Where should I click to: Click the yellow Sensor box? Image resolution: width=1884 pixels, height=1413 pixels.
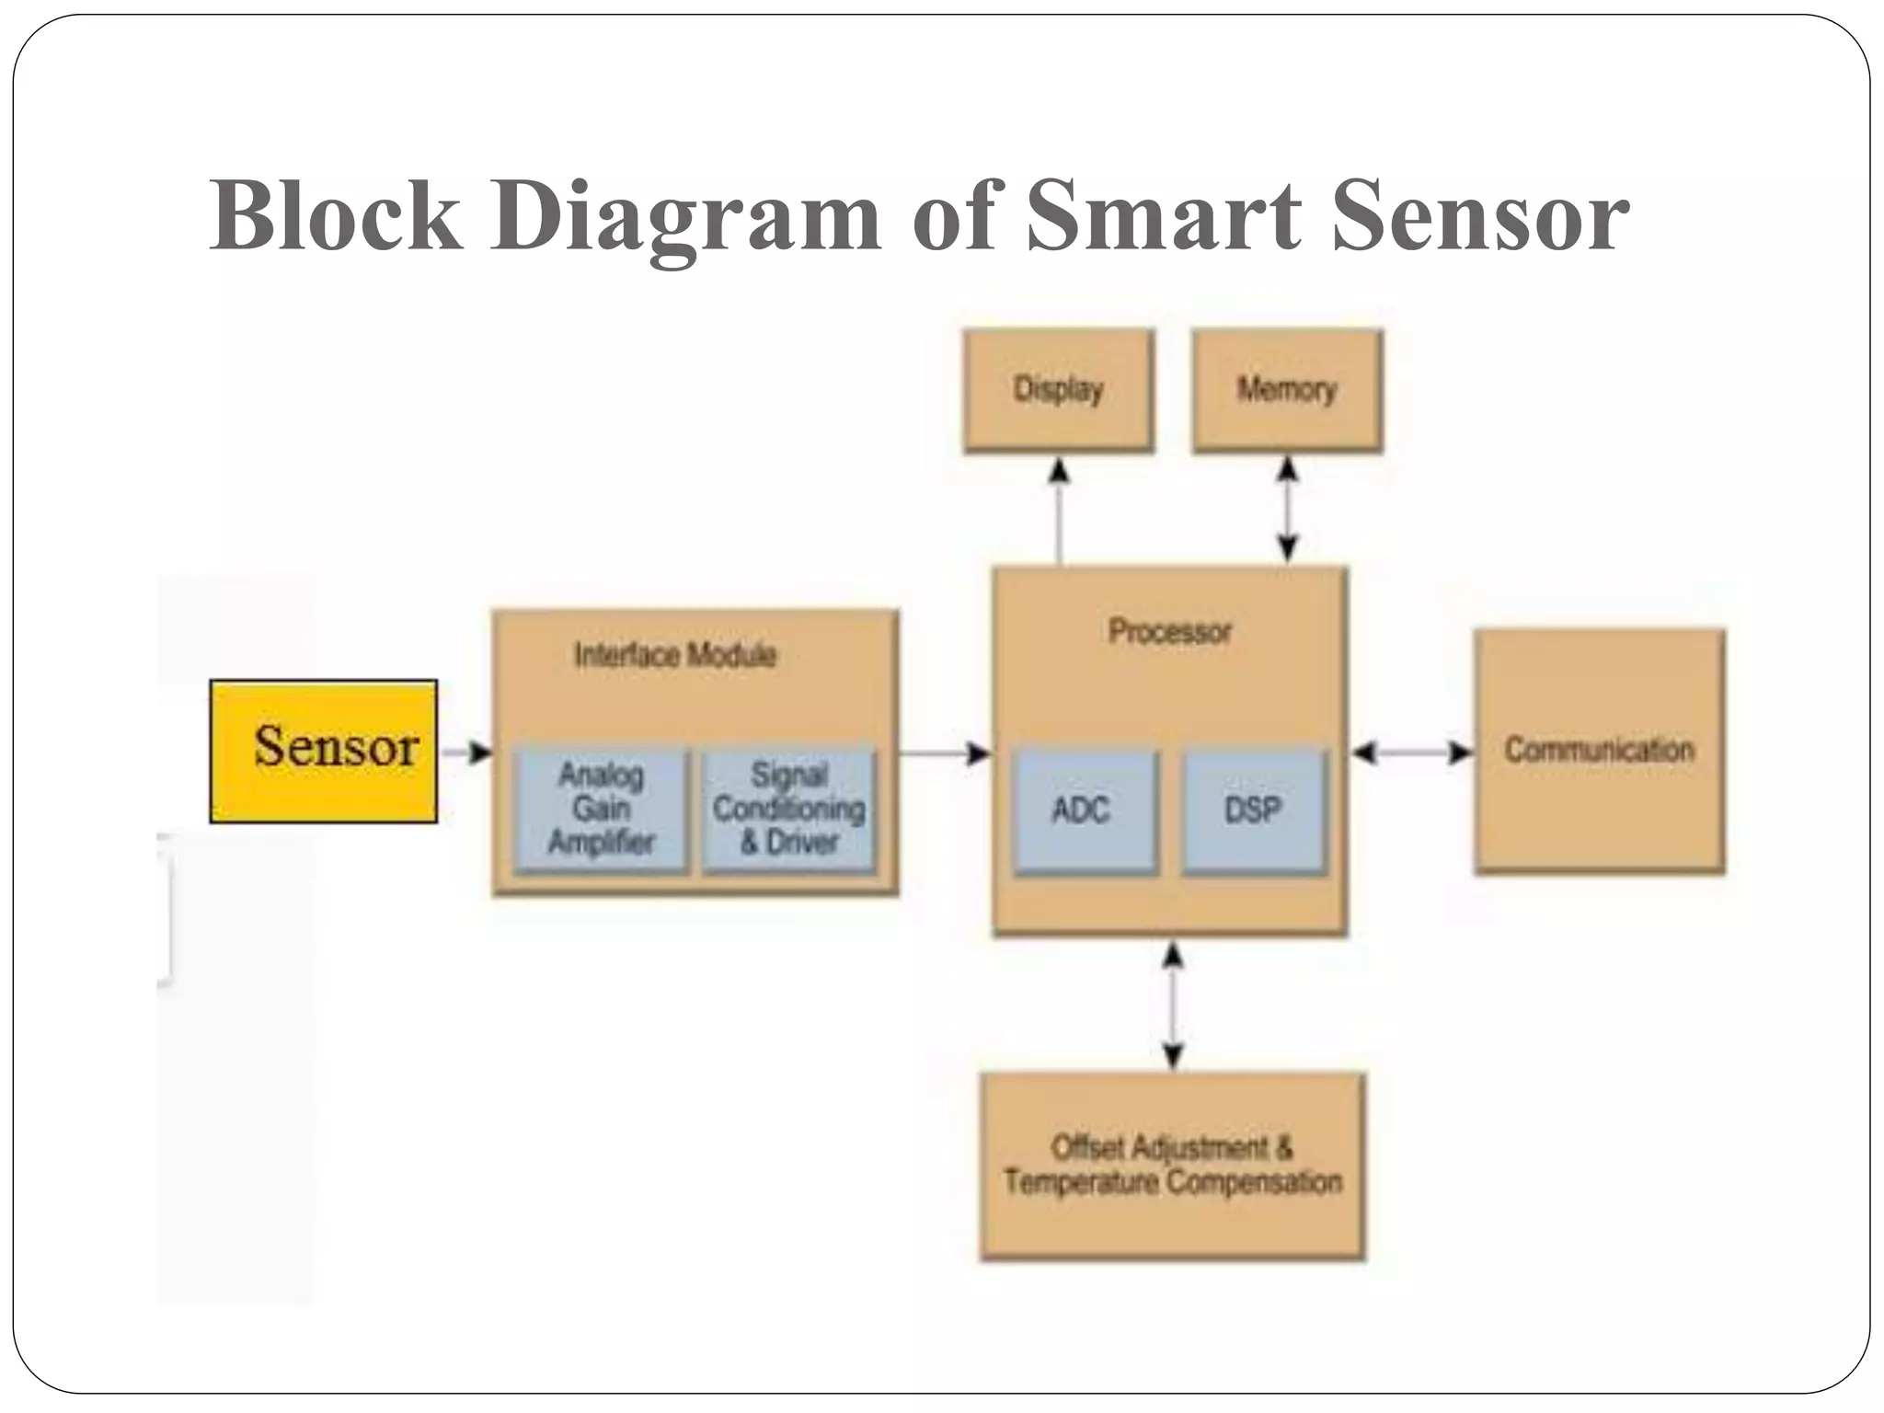323,751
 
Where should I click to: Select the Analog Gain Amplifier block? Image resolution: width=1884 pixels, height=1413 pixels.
601,809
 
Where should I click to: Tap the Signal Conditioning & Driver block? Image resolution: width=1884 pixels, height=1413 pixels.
788,809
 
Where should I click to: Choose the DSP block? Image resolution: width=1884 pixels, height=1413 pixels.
1253,810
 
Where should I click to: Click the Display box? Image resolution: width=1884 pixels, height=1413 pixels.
1058,390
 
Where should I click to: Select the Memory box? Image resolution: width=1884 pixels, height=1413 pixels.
1287,390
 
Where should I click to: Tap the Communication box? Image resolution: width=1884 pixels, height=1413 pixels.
1599,750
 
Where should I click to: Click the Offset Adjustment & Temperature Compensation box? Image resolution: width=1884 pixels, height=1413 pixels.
1172,1165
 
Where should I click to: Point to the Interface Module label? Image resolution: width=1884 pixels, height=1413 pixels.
675,655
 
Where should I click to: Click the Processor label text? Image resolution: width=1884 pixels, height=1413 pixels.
1169,632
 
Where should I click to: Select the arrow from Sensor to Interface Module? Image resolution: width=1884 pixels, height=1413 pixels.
466,752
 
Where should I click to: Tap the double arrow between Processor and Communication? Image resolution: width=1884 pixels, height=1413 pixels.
1412,752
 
